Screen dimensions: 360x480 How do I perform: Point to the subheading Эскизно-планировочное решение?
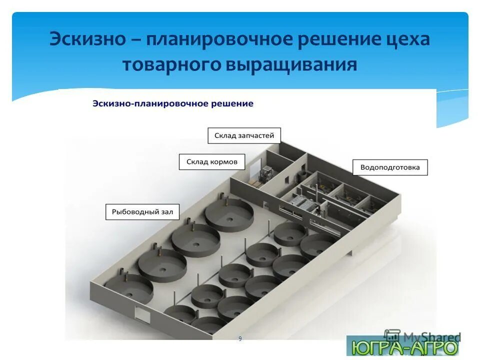(x=173, y=103)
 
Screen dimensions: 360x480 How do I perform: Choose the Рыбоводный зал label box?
(x=142, y=212)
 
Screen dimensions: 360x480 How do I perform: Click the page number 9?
(x=240, y=339)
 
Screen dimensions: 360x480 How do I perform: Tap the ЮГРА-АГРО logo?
(x=402, y=347)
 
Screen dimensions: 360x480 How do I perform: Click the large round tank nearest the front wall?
(x=128, y=288)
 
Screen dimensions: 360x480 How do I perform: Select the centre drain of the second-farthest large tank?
(x=196, y=244)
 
